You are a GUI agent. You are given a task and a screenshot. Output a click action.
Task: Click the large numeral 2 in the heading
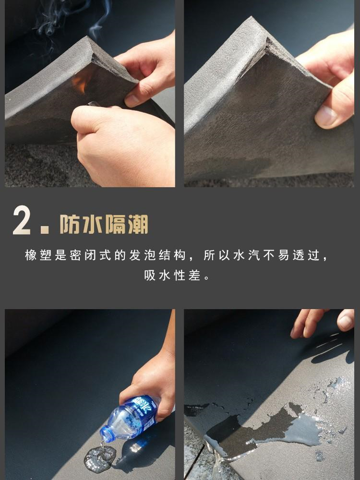[x=22, y=220]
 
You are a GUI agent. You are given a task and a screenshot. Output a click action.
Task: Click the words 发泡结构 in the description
[x=157, y=255]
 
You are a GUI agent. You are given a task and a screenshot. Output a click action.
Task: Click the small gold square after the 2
[x=45, y=230]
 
